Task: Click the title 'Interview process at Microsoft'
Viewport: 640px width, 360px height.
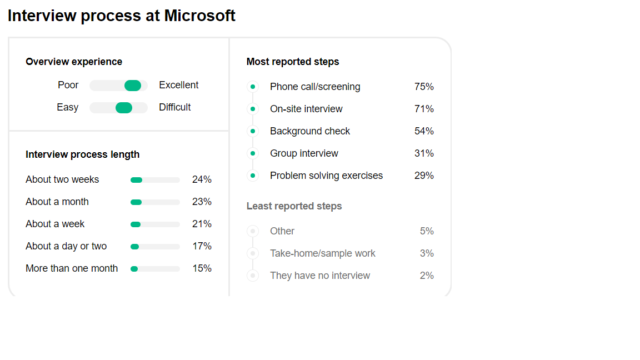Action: pyautogui.click(x=122, y=16)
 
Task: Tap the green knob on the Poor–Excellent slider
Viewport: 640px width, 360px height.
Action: pyautogui.click(x=133, y=86)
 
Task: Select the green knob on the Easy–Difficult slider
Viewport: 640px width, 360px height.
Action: pyautogui.click(x=124, y=108)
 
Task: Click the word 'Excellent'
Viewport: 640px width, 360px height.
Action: pyautogui.click(x=179, y=85)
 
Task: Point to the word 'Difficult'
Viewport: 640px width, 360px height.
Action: pyautogui.click(x=175, y=107)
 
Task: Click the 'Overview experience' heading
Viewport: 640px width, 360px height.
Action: pyautogui.click(x=74, y=62)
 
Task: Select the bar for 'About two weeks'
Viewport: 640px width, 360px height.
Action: pyautogui.click(x=155, y=180)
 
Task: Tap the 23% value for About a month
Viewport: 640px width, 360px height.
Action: pyautogui.click(x=202, y=202)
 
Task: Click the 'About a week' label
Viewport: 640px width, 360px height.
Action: pyautogui.click(x=55, y=224)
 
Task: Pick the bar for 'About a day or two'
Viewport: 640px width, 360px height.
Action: pyautogui.click(x=155, y=247)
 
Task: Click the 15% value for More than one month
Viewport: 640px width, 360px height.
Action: pyautogui.click(x=202, y=268)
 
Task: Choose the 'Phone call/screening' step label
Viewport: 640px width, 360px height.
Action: pyautogui.click(x=315, y=87)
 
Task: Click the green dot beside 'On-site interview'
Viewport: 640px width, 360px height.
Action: pyautogui.click(x=253, y=109)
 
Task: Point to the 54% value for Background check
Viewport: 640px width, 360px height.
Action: pyautogui.click(x=424, y=131)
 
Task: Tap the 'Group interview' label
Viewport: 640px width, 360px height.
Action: pyautogui.click(x=304, y=153)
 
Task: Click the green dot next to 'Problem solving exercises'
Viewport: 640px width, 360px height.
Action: pyautogui.click(x=253, y=176)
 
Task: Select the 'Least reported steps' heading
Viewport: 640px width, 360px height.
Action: pyautogui.click(x=294, y=206)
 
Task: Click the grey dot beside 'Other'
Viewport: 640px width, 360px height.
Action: pyautogui.click(x=253, y=231)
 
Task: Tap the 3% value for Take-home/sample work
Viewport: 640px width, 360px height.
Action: pyautogui.click(x=427, y=253)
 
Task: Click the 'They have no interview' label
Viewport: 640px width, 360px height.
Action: pyautogui.click(x=320, y=276)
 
